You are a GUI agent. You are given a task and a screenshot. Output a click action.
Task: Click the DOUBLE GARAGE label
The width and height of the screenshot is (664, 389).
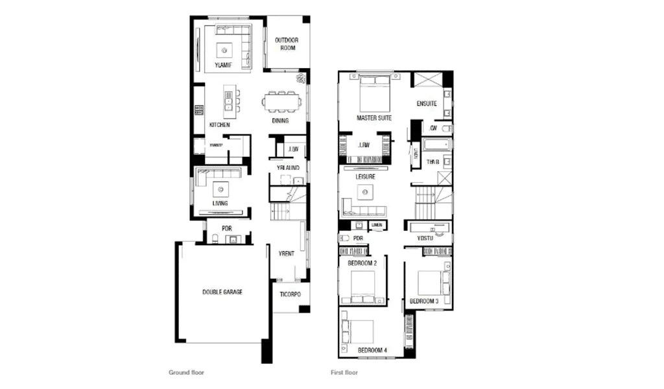pos(222,292)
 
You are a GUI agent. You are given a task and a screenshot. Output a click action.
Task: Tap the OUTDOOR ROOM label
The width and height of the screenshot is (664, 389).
pos(285,44)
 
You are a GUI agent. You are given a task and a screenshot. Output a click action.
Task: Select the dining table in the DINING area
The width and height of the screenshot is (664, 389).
pos(281,102)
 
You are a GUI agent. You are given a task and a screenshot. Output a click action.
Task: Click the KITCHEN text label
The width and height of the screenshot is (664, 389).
pos(219,124)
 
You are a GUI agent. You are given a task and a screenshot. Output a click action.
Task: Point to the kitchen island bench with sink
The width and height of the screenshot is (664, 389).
pos(228,101)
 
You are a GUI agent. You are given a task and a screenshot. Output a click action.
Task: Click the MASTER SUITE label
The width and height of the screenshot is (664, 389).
pos(374,119)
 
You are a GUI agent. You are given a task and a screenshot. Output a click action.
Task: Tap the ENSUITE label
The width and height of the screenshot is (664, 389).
pos(427,104)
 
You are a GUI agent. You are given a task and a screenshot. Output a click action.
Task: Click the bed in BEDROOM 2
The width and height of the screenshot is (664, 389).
pos(362,285)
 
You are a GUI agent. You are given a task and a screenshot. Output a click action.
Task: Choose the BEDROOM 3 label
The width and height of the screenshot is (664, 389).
pos(423,301)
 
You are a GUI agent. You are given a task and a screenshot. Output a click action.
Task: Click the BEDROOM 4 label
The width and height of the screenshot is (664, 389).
pos(372,351)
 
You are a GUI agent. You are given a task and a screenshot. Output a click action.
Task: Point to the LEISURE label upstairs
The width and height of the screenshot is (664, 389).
pos(365,176)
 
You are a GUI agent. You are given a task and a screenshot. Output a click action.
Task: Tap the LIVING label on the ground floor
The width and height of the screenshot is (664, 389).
pos(220,204)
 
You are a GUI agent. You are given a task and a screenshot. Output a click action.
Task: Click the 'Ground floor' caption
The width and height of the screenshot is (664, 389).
pos(187,373)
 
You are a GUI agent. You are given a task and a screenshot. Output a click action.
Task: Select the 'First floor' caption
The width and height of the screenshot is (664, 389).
pos(344,373)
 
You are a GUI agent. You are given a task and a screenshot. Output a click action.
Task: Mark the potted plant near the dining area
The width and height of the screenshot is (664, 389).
pos(301,79)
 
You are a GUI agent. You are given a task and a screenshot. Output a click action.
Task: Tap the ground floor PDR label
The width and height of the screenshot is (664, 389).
pos(226,228)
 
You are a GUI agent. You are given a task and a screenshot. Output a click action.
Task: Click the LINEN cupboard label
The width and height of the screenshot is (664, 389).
pos(376,225)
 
